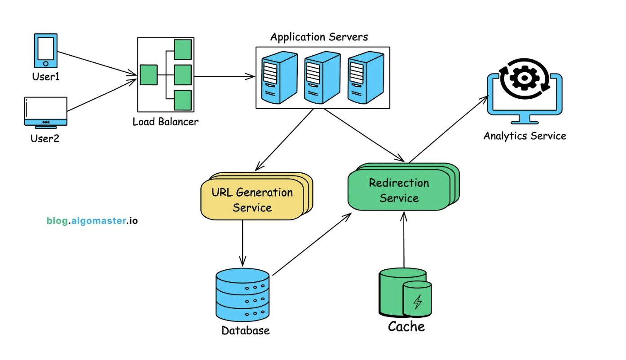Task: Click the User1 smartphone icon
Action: pos(46,50)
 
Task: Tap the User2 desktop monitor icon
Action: pos(45,112)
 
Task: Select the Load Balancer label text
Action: pos(165,122)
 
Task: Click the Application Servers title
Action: pos(319,37)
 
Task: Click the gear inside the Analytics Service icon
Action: pos(524,79)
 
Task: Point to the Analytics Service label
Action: pos(525,136)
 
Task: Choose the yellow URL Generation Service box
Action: pos(252,200)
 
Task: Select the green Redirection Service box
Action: pos(399,190)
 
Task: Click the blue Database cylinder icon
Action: pos(242,294)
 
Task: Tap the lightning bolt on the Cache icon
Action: pos(417,302)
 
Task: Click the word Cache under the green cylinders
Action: pos(406,327)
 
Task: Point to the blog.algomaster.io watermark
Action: pos(92,221)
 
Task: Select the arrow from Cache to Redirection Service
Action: pos(404,240)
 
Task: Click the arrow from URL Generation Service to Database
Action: pos(242,242)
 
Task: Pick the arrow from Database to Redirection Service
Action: pos(312,245)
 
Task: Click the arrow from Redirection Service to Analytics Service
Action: pos(449,129)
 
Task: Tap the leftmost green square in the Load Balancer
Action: pos(148,75)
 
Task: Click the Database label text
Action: pos(246,331)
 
